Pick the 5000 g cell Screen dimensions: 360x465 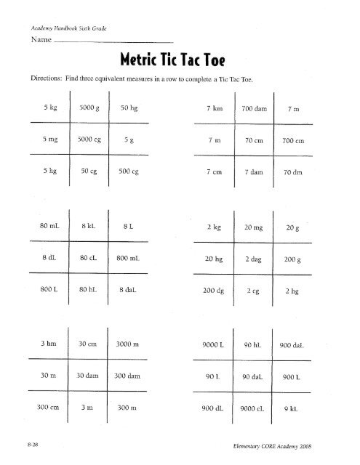(x=86, y=108)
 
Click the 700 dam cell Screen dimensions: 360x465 (x=255, y=108)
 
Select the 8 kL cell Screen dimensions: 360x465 (x=85, y=226)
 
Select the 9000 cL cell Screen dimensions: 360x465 (x=256, y=408)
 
